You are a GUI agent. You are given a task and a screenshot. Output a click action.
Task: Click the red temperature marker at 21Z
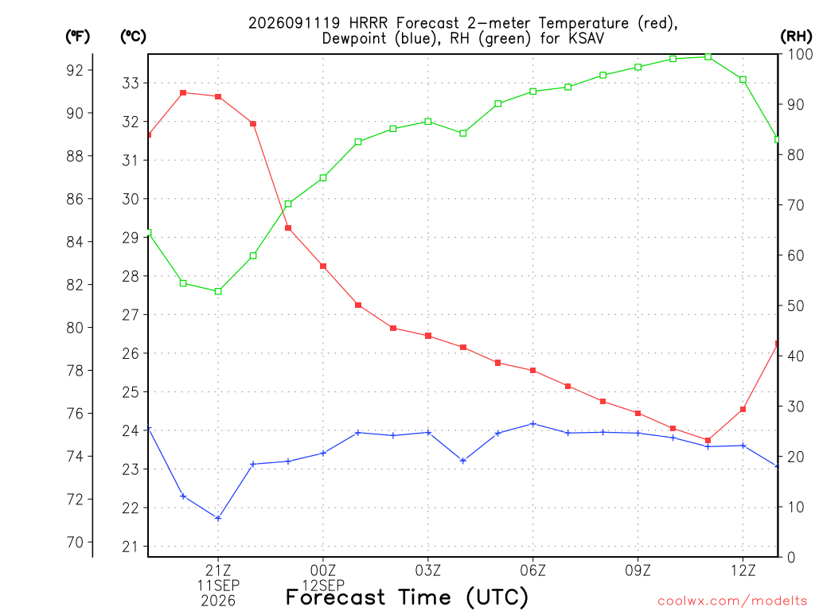pos(218,96)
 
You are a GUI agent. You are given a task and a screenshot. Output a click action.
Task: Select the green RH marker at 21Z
pos(218,291)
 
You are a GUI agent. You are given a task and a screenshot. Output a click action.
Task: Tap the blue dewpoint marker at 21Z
pos(218,518)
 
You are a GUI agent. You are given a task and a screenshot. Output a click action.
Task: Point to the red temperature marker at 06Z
pos(532,371)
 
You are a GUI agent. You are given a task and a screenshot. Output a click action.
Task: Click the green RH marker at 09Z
pos(638,67)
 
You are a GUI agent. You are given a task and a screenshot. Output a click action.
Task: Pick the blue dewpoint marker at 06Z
pos(532,424)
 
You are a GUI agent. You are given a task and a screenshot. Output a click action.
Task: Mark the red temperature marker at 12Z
pos(743,410)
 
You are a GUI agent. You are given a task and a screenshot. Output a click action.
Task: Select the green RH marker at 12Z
pos(743,80)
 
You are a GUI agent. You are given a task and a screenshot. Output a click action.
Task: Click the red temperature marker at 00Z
pos(323,266)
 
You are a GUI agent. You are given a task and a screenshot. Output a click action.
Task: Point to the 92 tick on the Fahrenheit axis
pos(75,70)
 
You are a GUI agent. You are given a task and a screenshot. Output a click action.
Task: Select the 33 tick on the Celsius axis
pos(131,83)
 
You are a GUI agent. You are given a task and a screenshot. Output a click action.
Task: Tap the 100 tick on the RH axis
pos(799,54)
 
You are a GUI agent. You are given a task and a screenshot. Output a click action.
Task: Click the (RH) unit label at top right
pos(796,36)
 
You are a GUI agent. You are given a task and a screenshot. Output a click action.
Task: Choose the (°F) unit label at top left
pos(77,37)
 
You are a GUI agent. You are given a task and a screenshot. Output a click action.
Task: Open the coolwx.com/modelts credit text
pos(732,601)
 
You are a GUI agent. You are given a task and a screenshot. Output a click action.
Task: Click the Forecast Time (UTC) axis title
pos(407,597)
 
